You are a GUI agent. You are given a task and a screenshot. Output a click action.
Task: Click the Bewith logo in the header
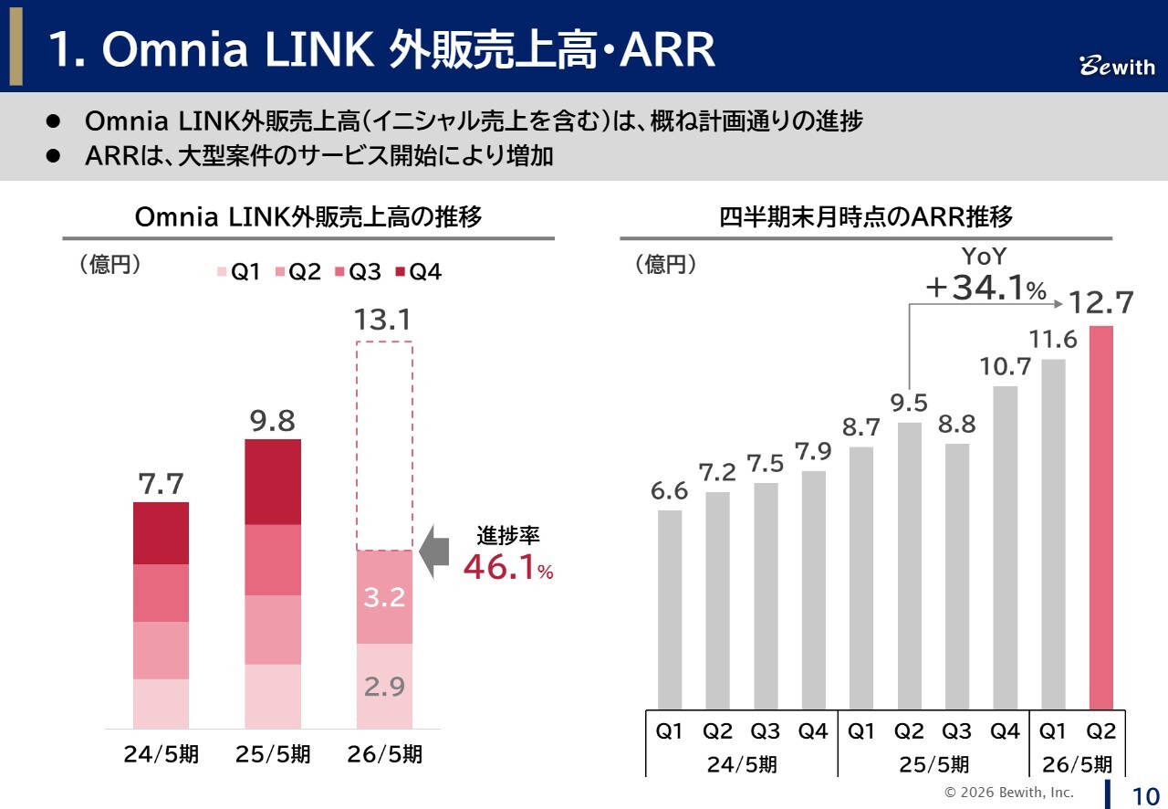[1117, 67]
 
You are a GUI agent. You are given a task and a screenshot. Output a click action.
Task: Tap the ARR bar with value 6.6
[670, 609]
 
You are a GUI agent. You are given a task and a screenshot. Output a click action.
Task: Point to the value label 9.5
[909, 403]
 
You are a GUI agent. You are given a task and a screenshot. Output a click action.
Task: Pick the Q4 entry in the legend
[419, 272]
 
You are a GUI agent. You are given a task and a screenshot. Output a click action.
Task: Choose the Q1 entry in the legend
[240, 272]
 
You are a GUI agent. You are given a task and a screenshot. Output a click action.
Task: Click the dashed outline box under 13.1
[384, 446]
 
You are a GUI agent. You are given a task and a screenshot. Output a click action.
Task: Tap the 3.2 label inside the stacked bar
[384, 598]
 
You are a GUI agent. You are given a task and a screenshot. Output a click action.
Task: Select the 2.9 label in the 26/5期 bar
[384, 687]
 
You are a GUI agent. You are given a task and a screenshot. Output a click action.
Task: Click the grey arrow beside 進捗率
[433, 551]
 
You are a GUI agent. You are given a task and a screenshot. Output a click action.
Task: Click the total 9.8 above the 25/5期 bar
[273, 421]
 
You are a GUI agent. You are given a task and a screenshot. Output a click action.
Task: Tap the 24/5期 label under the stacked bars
[162, 755]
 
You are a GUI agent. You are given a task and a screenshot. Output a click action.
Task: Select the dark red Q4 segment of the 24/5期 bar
[162, 533]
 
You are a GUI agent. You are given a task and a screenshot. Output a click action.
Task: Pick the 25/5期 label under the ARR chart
[933, 764]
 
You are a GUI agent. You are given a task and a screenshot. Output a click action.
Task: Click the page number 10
[1144, 793]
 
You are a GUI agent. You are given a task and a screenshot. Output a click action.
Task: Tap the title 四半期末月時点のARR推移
[865, 217]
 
